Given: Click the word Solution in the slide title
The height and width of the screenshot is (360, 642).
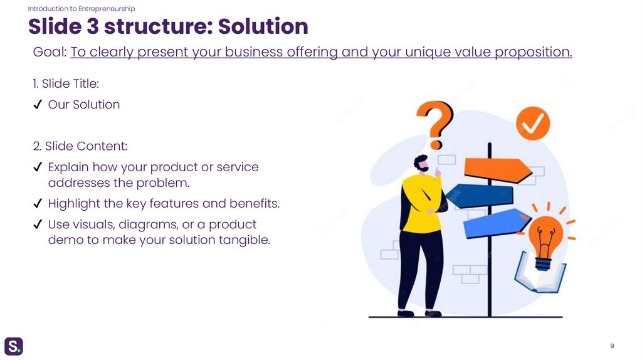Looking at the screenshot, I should pyautogui.click(x=263, y=27).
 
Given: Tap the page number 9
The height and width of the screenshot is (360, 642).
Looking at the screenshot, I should pyautogui.click(x=612, y=346).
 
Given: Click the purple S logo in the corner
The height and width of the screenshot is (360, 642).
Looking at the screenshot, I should pyautogui.click(x=14, y=346).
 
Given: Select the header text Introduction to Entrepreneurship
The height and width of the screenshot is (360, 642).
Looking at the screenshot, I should pyautogui.click(x=82, y=9).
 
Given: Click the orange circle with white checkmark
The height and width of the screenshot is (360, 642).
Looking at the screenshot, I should pyautogui.click(x=532, y=124).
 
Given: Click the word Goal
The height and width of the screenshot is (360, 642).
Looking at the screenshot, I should pyautogui.click(x=49, y=52).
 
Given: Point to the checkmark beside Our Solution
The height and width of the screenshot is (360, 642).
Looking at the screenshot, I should pyautogui.click(x=38, y=105).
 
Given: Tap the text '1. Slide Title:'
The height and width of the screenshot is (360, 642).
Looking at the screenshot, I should pyautogui.click(x=66, y=84).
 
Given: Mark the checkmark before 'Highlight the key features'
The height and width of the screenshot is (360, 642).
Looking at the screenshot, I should pyautogui.click(x=38, y=204).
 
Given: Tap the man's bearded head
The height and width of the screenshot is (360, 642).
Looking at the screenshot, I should pyautogui.click(x=422, y=164).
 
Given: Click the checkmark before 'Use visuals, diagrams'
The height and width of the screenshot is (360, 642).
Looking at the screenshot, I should pyautogui.click(x=38, y=225).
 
